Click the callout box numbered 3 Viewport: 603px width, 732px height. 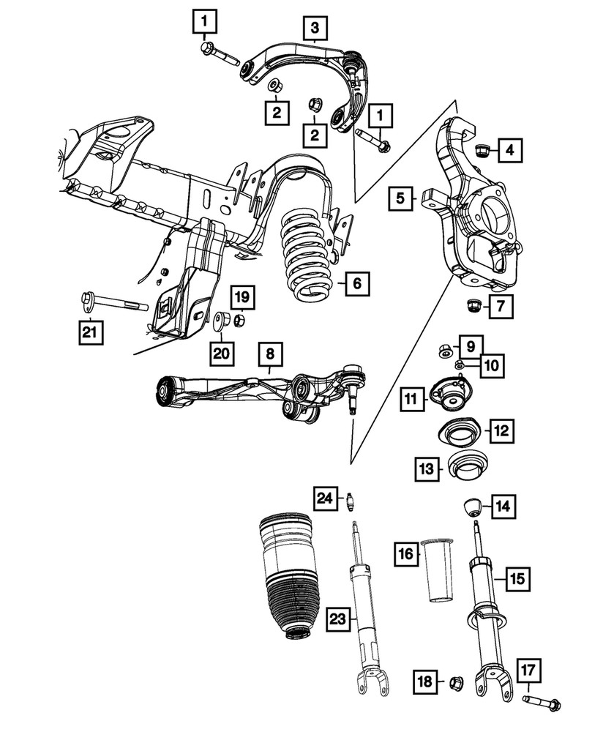point(315,29)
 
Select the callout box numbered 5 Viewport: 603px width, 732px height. point(400,198)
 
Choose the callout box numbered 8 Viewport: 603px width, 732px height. point(270,355)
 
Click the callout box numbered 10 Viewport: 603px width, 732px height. point(491,364)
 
